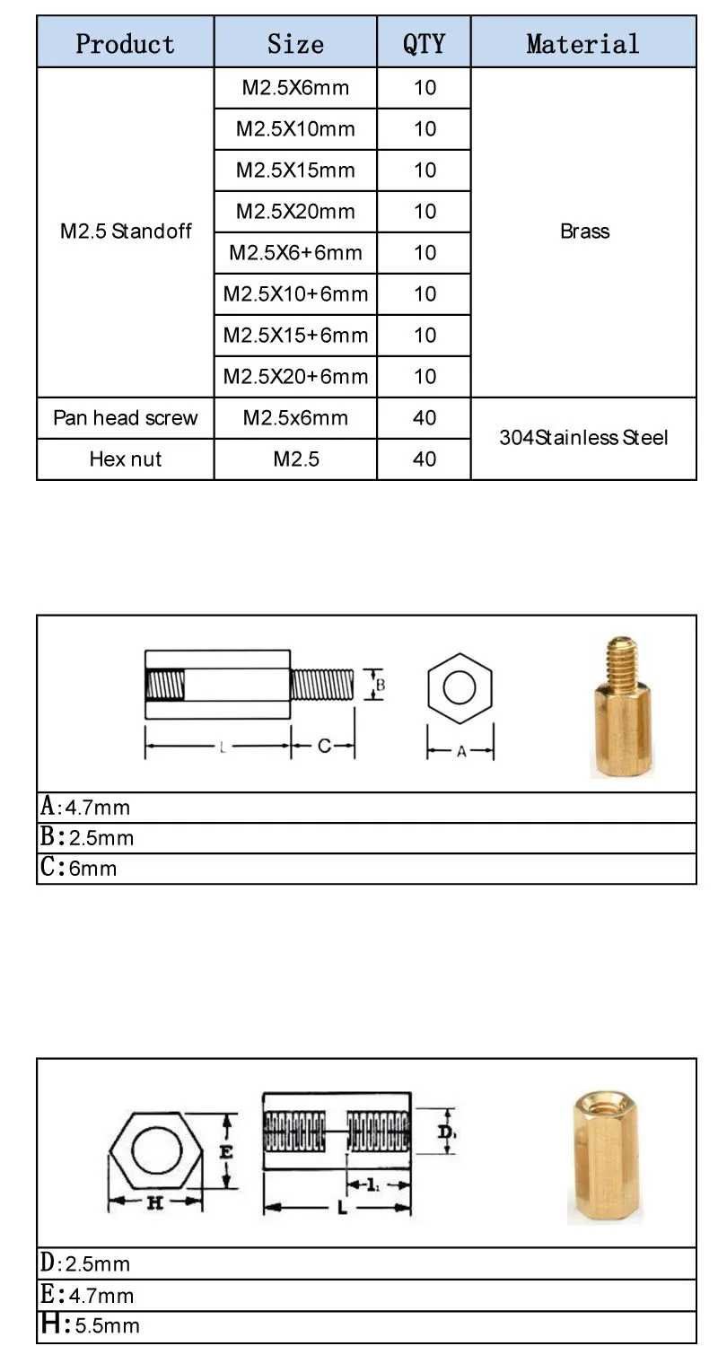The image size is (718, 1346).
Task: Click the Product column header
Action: (x=125, y=43)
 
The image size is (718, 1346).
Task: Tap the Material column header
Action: (x=582, y=43)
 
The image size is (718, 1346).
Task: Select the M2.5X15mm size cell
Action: (x=295, y=170)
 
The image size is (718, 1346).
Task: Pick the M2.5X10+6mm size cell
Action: (x=295, y=293)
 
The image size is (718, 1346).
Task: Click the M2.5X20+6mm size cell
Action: (x=295, y=376)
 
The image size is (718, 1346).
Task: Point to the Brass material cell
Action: (x=584, y=232)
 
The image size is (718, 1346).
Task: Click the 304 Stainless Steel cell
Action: (x=583, y=438)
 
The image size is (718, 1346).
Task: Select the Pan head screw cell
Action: (x=125, y=417)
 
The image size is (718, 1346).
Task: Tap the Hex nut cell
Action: (x=125, y=459)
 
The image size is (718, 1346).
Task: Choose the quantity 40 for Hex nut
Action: (x=425, y=459)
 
